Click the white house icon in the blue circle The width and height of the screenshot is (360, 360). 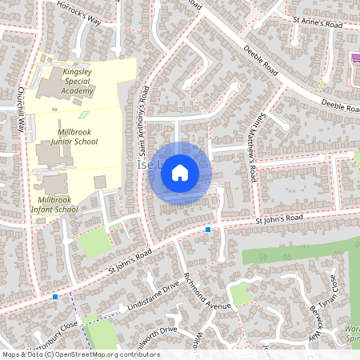coord(180,172)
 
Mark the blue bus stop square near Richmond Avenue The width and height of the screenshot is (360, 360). coord(208,230)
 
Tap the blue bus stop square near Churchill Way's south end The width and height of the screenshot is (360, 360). coord(54,296)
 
